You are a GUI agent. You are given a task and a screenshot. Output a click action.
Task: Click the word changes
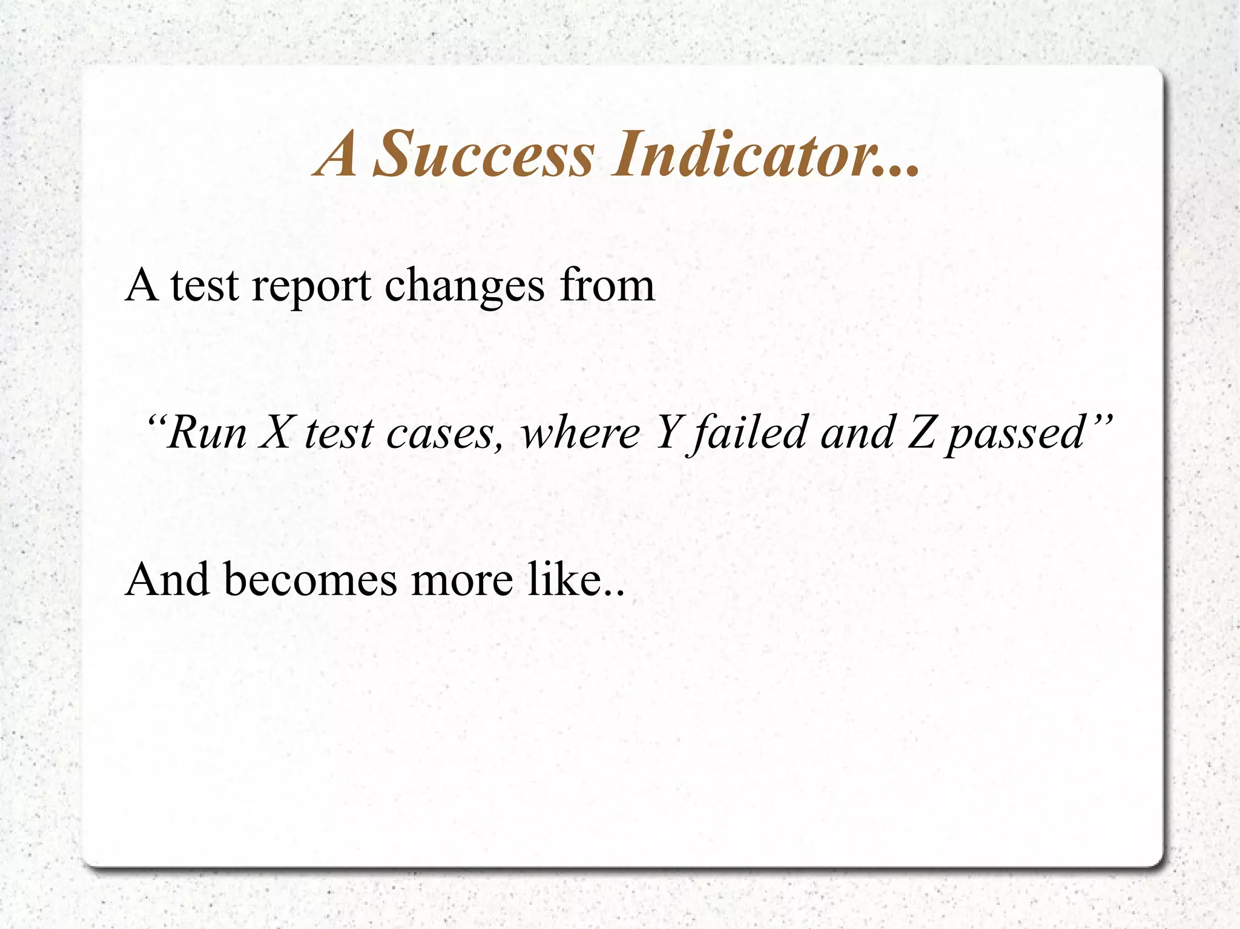click(x=464, y=286)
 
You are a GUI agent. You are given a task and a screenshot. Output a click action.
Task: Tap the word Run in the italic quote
click(x=207, y=433)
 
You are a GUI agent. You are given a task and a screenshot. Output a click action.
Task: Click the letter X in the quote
click(x=276, y=433)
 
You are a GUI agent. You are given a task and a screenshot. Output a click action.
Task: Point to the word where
click(x=580, y=433)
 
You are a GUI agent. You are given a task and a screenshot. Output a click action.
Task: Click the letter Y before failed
click(x=668, y=433)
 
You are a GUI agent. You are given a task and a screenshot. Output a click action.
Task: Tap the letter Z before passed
click(x=921, y=433)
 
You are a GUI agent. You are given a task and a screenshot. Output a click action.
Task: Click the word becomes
click(x=311, y=580)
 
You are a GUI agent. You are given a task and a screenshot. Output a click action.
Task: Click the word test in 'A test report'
click(x=204, y=286)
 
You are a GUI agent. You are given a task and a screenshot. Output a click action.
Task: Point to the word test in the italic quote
click(x=339, y=433)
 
